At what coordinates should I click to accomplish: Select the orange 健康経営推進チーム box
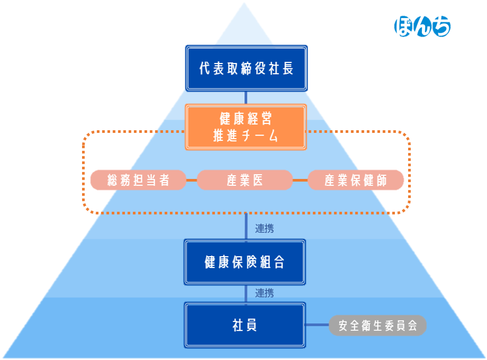[246, 127]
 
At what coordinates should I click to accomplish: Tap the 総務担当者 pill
[138, 180]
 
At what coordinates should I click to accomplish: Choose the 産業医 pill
[245, 180]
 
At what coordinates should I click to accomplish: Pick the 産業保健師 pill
[356, 180]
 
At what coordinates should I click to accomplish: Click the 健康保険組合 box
[245, 262]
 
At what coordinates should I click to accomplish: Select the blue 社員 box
[245, 325]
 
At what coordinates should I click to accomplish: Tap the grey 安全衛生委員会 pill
[378, 326]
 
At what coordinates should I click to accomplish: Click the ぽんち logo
[422, 26]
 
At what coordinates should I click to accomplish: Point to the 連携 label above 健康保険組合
[264, 229]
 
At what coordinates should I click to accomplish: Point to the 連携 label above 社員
[264, 293]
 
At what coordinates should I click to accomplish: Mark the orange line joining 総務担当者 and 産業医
[192, 180]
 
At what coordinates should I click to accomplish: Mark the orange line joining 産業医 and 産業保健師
[300, 180]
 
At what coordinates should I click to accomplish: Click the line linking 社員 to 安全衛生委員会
[317, 325]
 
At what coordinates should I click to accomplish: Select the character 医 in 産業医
[257, 180]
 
